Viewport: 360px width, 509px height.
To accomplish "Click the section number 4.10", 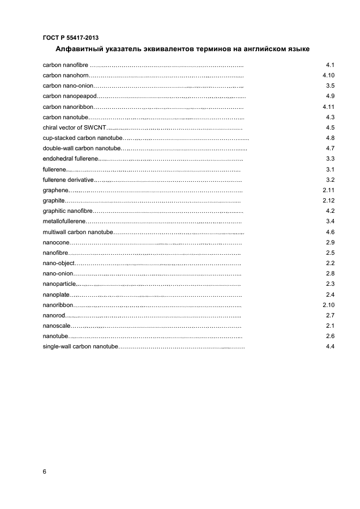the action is [x=328, y=76].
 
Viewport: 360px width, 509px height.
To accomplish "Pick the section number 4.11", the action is [x=328, y=107].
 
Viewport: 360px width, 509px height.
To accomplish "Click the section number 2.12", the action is [x=328, y=200].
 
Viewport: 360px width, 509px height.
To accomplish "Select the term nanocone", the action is [x=55, y=242].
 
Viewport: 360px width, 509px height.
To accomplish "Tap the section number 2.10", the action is [x=328, y=305].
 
